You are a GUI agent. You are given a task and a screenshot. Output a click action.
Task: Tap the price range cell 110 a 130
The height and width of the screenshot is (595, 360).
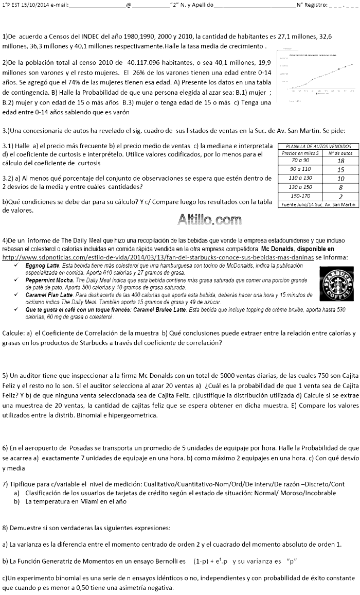pyautogui.click(x=300, y=178)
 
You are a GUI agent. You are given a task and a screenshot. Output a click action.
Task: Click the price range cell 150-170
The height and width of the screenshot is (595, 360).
pyautogui.click(x=300, y=196)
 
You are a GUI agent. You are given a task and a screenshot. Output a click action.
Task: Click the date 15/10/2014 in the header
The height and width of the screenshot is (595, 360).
pyautogui.click(x=32, y=5)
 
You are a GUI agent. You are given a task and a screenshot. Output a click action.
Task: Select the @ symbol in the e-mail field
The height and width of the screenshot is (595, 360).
pyautogui.click(x=129, y=5)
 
